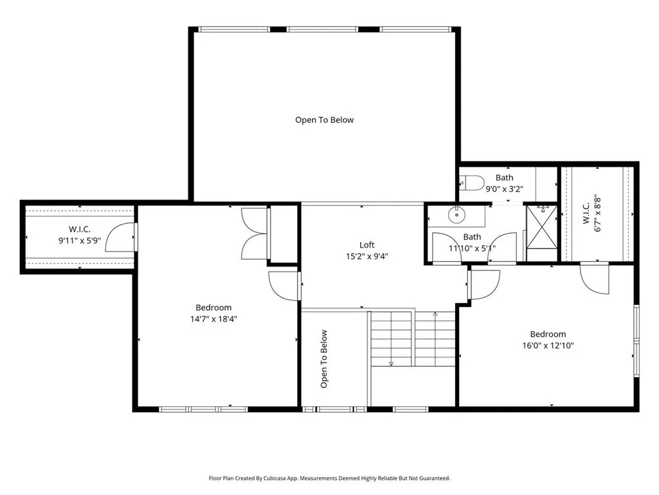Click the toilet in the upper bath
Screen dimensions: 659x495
(x=468, y=183)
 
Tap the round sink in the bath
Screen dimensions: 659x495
(x=457, y=215)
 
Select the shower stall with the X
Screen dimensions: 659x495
(x=542, y=227)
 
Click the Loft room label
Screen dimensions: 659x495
(x=367, y=245)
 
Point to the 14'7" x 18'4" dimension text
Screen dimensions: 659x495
(x=213, y=319)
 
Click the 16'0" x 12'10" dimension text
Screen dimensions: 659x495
(x=548, y=346)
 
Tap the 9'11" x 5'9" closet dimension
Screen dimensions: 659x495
(x=80, y=241)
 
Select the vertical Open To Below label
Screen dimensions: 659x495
(x=323, y=359)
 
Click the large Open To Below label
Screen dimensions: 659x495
(x=325, y=120)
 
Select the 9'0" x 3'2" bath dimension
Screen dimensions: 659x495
(x=504, y=189)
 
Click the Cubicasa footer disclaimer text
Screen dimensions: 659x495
(x=329, y=478)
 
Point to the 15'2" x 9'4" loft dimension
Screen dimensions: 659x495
(x=367, y=256)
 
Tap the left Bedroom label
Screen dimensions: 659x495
(x=213, y=308)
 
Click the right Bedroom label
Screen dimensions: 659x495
(x=548, y=334)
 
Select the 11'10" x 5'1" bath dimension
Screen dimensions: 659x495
(x=472, y=248)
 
